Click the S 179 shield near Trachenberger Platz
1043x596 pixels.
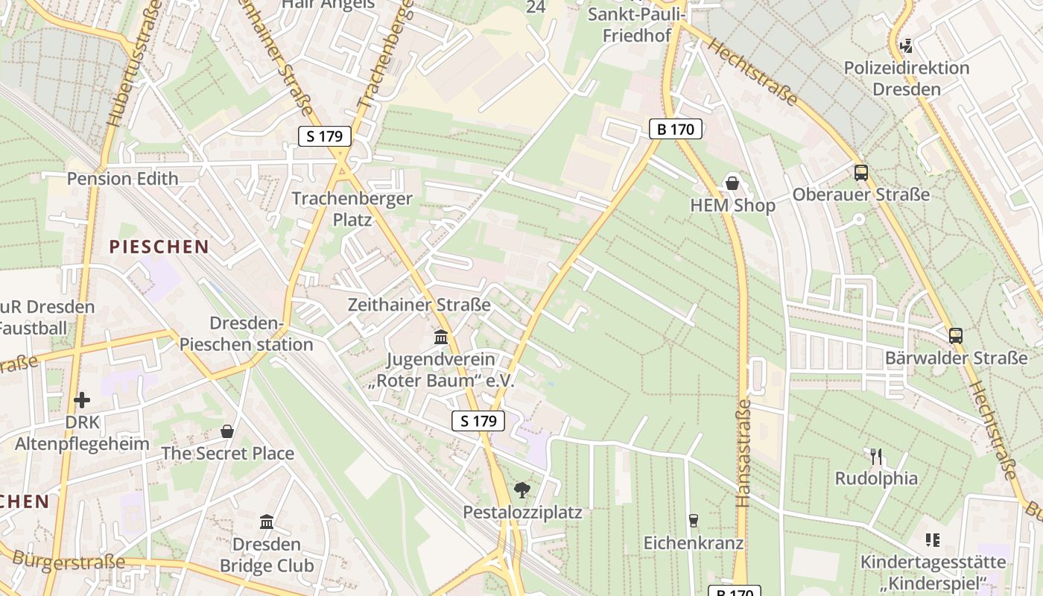tap(325, 136)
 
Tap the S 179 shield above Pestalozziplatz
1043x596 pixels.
tap(478, 421)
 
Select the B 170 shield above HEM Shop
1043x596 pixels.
tap(676, 129)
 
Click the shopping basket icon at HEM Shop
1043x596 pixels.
tap(733, 183)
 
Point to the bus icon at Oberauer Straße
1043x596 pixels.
tap(861, 173)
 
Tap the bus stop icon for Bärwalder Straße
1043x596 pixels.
tap(956, 336)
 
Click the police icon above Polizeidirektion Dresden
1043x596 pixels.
tap(907, 46)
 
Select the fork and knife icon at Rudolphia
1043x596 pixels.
tap(876, 456)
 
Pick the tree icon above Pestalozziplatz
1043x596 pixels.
tap(522, 490)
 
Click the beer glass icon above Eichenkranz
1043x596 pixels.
tap(694, 521)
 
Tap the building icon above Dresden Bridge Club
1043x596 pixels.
tap(266, 521)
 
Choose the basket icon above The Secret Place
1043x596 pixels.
tap(227, 431)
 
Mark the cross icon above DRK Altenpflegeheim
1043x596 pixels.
tap(82, 400)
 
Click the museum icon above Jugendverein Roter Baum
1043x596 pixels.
tap(441, 337)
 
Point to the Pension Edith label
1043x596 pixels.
tap(123, 179)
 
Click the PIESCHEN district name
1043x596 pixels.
tap(159, 247)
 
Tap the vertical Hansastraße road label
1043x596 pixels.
tap(743, 454)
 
